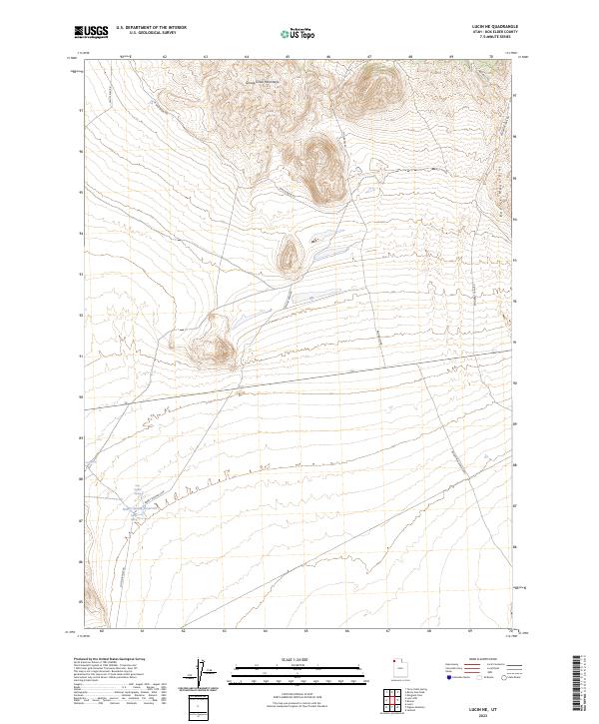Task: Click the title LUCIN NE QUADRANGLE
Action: tap(496, 26)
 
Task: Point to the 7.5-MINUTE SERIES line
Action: tap(496, 41)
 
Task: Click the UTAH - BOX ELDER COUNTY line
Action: tap(496, 33)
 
